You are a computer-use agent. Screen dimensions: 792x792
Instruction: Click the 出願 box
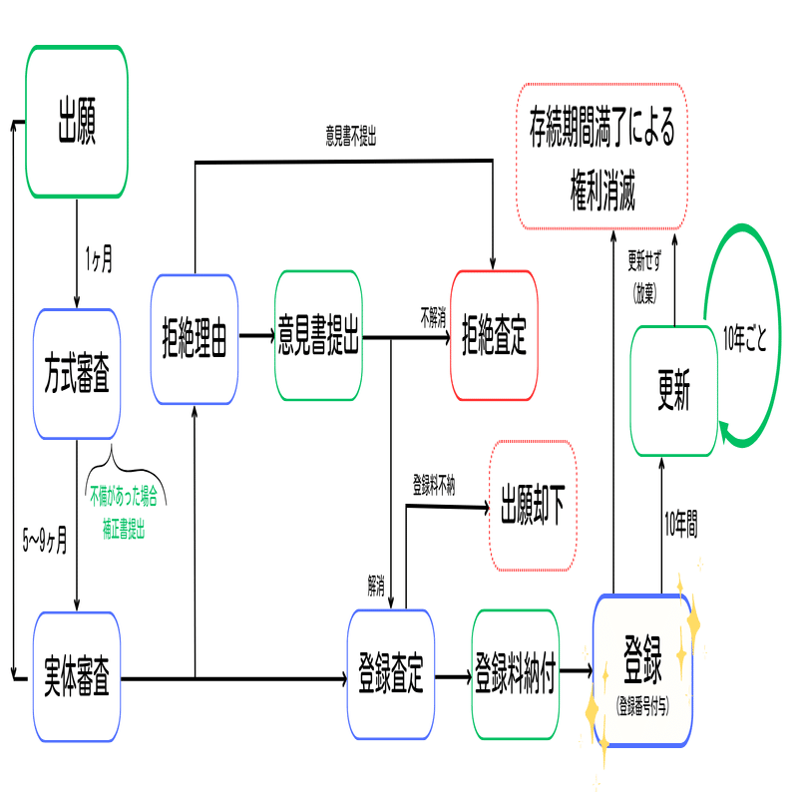point(77,121)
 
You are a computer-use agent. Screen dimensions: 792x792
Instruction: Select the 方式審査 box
point(77,374)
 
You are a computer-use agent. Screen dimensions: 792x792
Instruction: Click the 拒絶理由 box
point(195,338)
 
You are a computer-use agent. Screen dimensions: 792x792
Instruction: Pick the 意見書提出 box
point(318,338)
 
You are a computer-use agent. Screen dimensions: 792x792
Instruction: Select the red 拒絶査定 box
point(493,338)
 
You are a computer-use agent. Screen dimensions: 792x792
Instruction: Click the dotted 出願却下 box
point(533,506)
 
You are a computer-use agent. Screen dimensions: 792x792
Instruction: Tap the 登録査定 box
point(390,675)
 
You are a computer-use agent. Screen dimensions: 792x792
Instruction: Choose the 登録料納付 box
point(515,675)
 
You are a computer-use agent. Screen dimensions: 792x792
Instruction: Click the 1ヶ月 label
point(98,261)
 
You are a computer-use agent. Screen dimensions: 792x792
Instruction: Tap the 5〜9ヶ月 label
point(45,544)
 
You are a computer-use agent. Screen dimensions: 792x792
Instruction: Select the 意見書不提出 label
point(350,138)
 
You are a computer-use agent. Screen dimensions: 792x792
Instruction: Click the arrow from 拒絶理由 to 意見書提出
point(256,335)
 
